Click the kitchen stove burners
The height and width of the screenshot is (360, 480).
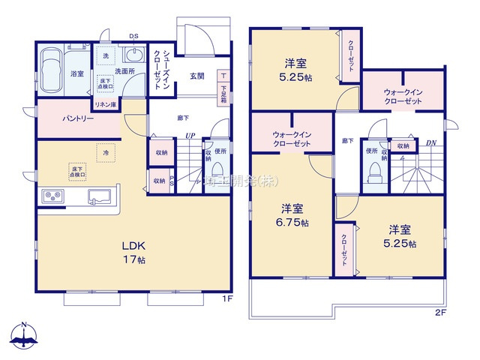tap(55, 196)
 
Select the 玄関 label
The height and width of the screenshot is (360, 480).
tap(196, 76)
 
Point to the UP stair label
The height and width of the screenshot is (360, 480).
tap(190, 136)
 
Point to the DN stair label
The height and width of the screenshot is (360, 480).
tap(430, 142)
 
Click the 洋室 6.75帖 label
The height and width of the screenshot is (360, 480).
tap(292, 213)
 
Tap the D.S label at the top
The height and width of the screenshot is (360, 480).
tap(133, 35)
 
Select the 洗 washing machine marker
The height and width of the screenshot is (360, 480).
tap(105, 57)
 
